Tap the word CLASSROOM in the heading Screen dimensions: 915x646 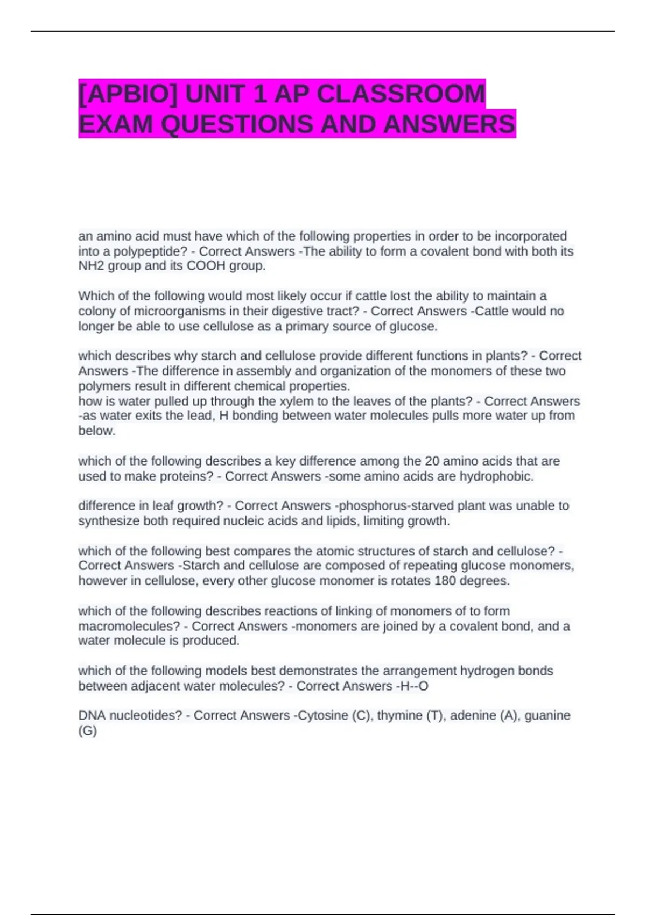pyautogui.click(x=401, y=94)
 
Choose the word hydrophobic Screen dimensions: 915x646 pyautogui.click(x=496, y=476)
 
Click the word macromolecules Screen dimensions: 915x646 pyautogui.click(x=129, y=627)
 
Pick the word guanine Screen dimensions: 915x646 pyautogui.click(x=547, y=716)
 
